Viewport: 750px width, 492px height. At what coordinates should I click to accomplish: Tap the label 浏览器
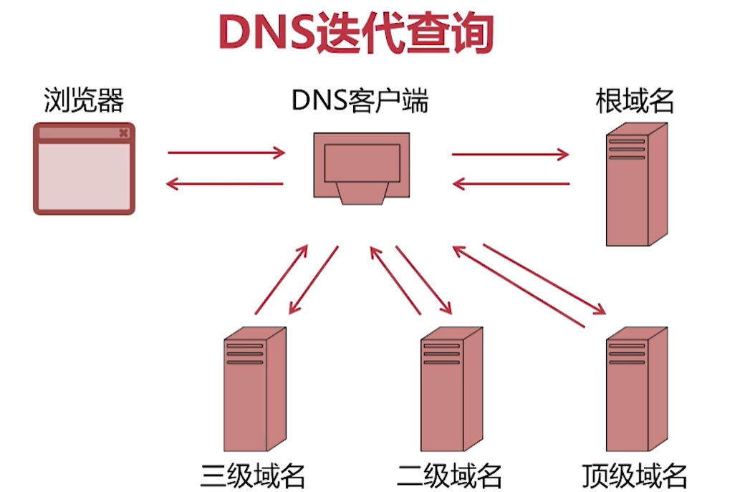click(x=84, y=100)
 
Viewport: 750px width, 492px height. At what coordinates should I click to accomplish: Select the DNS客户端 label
click(x=360, y=101)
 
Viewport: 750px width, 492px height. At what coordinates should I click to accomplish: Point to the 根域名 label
click(x=635, y=101)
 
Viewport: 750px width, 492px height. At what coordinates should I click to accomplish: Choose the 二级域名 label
click(x=450, y=474)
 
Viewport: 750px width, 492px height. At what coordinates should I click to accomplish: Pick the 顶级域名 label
click(x=636, y=474)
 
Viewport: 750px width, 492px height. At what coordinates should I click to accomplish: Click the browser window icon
click(x=84, y=169)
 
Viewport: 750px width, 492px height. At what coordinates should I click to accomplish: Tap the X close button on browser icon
click(x=123, y=132)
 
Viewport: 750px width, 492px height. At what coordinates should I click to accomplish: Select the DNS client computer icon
click(x=362, y=167)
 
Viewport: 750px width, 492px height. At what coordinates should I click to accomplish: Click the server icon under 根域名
click(x=636, y=185)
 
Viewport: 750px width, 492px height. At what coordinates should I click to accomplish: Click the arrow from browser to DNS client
click(x=226, y=153)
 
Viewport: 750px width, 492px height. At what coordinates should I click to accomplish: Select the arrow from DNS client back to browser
click(x=225, y=184)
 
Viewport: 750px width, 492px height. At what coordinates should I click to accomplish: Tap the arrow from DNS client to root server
click(x=510, y=153)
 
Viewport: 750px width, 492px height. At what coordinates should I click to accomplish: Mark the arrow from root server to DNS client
click(x=511, y=184)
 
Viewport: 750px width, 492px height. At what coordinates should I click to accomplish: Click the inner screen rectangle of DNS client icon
click(x=362, y=163)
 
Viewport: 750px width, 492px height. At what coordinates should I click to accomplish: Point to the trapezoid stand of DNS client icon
click(x=362, y=193)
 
